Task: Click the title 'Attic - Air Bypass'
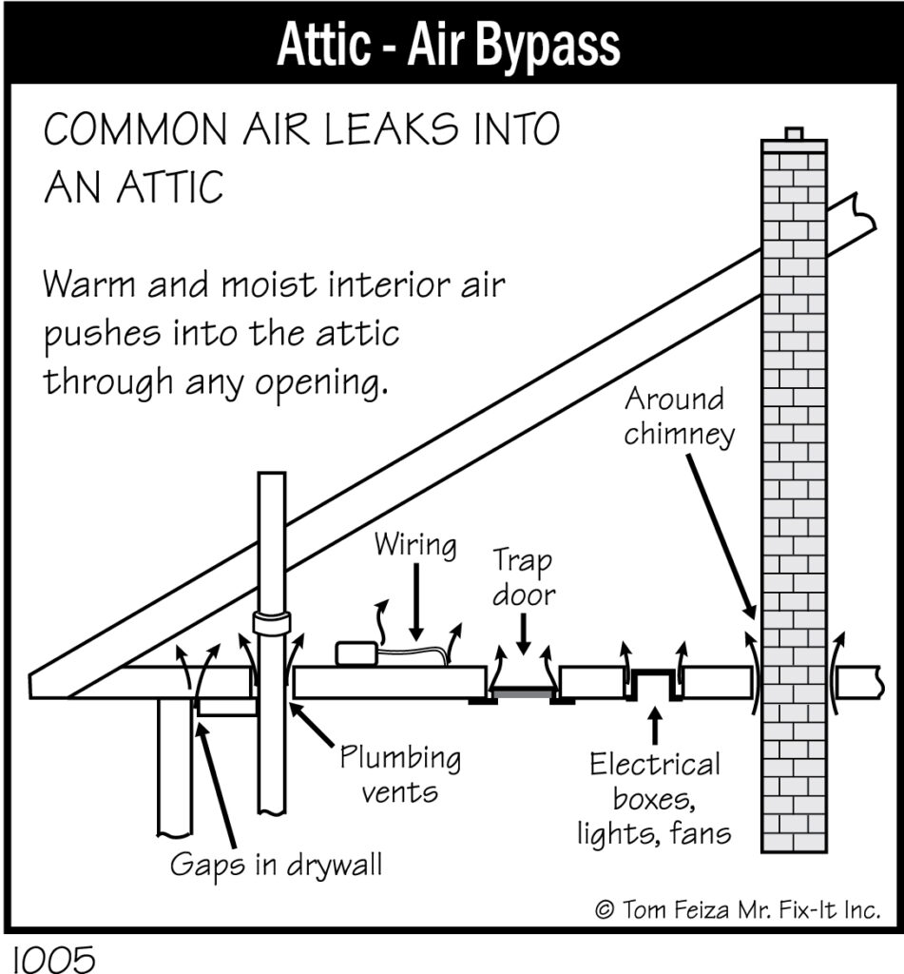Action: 449,45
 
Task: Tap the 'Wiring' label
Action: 415,545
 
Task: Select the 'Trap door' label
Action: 524,577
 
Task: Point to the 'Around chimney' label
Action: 680,417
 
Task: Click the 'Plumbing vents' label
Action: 400,774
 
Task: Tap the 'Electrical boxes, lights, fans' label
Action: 654,799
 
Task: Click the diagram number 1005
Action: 54,959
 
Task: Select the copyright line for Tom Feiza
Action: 739,910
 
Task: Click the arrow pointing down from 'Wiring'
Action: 416,602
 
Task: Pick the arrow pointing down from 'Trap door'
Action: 524,634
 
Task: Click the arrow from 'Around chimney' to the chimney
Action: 721,536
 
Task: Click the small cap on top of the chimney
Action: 794,133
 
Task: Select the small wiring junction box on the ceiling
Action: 356,654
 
